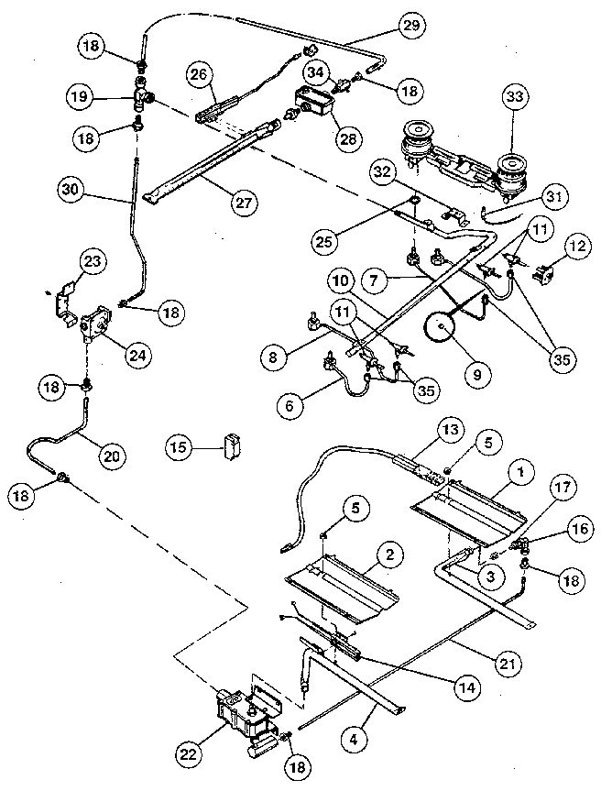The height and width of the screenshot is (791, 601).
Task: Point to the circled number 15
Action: point(180,446)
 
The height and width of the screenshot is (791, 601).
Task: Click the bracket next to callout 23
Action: point(63,299)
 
